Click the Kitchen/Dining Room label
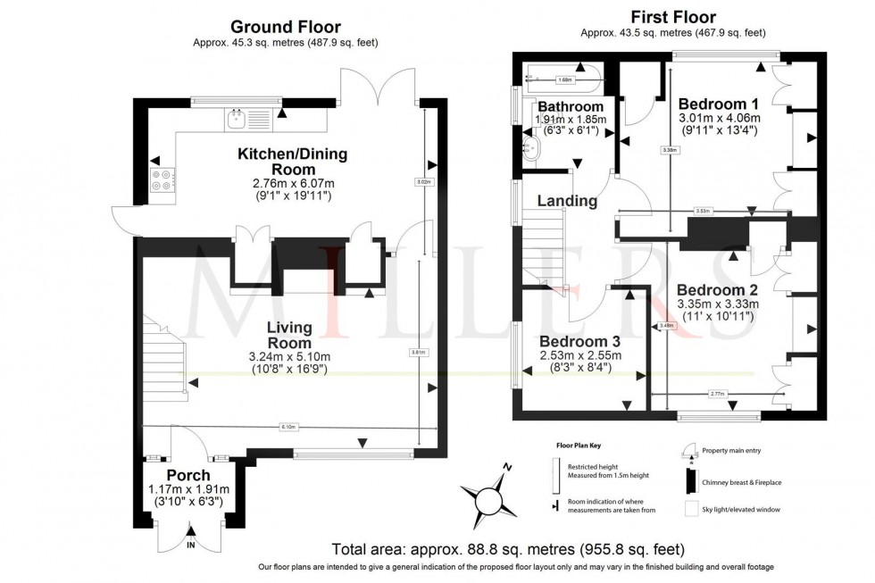(x=292, y=162)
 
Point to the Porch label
(x=188, y=475)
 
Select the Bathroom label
(x=571, y=107)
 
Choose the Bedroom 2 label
(x=717, y=290)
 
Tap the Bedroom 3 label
(x=579, y=341)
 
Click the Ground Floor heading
(x=286, y=27)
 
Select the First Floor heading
(x=672, y=17)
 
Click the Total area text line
(x=508, y=548)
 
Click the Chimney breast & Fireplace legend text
(x=743, y=482)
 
